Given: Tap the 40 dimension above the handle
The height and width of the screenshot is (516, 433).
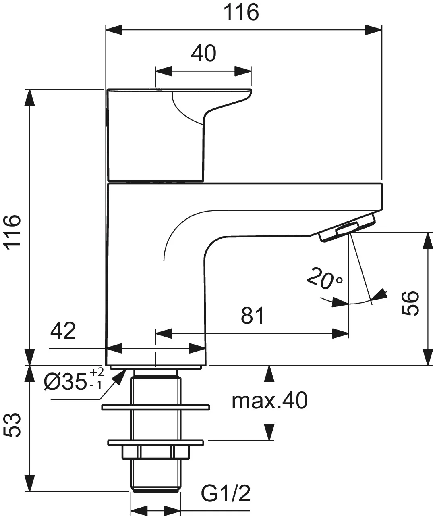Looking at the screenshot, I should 203,54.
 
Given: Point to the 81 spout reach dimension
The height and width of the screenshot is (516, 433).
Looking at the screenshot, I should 253,316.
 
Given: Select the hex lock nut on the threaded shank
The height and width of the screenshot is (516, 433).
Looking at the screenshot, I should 155,452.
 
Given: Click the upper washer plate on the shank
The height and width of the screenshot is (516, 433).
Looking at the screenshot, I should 155,407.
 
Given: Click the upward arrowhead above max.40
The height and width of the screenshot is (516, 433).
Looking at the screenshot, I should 269,373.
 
